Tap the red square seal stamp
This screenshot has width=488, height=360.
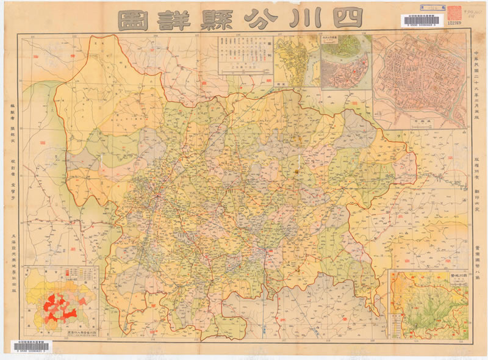pos(454,13)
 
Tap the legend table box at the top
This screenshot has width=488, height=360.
pos(245,55)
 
